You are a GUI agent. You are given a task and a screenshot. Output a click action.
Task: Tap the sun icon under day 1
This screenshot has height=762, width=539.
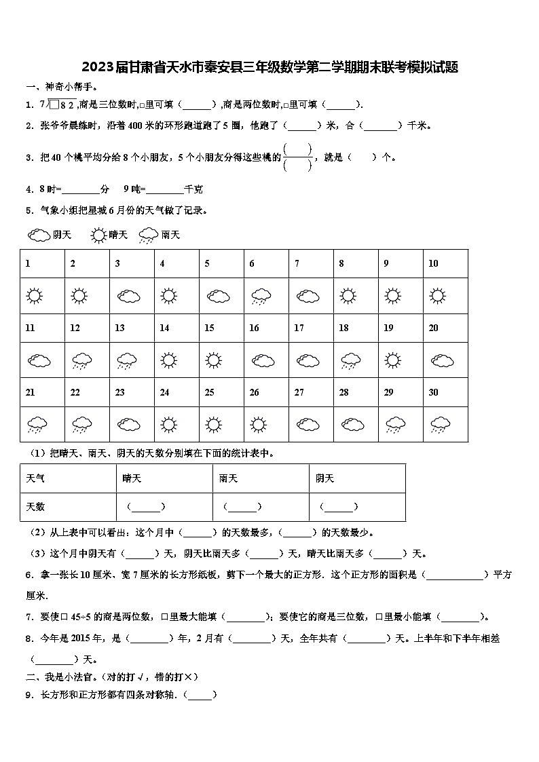(x=35, y=297)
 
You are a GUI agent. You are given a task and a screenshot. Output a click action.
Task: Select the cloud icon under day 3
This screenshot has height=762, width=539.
(x=128, y=297)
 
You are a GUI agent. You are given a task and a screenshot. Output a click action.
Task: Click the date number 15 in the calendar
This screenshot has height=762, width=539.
(x=209, y=328)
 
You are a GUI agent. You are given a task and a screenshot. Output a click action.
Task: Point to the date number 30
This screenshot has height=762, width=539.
(x=434, y=392)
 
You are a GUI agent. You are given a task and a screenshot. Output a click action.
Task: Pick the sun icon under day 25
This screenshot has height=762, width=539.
(x=213, y=425)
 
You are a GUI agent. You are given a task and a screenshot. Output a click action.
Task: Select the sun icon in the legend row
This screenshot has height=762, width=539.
(x=99, y=235)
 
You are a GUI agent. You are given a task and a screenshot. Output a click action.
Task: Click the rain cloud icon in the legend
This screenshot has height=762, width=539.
(x=148, y=235)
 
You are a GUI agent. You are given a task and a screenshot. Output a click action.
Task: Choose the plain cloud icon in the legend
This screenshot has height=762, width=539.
(x=39, y=235)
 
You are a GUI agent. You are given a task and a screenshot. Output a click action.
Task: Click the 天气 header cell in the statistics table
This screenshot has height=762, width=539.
(x=35, y=478)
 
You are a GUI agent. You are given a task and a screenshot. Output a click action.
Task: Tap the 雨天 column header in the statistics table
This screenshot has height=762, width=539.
(x=228, y=478)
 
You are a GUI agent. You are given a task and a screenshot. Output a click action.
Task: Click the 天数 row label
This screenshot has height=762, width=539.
(x=35, y=507)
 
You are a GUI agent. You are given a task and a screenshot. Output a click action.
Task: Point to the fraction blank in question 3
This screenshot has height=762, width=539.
(x=297, y=157)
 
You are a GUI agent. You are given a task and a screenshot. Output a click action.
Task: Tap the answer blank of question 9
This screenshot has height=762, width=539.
(x=200, y=695)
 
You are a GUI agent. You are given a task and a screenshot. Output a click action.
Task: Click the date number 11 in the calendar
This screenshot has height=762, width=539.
(x=30, y=328)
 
